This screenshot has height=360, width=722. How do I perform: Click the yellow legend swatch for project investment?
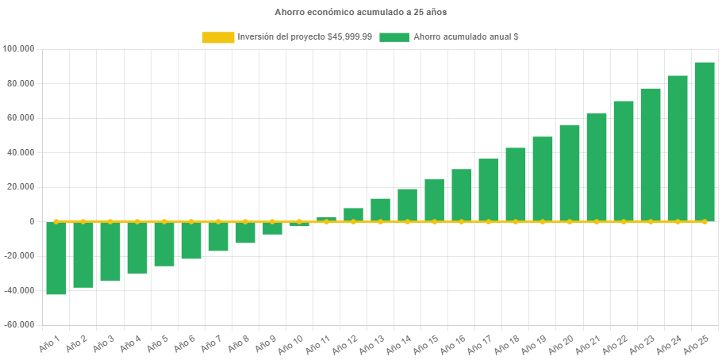point(218,37)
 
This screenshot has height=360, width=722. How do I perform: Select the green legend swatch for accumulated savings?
point(394,37)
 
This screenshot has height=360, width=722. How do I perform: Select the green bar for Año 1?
point(56,259)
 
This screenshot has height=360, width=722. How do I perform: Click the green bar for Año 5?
point(164,244)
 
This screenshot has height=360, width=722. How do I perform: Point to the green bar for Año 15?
point(434,200)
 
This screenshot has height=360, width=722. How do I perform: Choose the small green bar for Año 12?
point(353,214)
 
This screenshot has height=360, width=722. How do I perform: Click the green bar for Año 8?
point(245,232)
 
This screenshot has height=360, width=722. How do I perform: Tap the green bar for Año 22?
point(624,161)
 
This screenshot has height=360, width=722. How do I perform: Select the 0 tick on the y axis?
point(32,221)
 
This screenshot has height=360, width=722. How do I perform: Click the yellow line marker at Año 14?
point(407,221)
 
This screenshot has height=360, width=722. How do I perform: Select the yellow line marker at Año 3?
point(110,221)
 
